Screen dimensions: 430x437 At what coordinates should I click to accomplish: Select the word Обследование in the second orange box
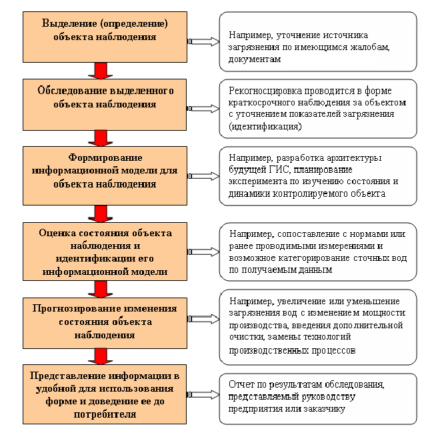71,91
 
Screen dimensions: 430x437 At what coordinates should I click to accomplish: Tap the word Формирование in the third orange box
105,157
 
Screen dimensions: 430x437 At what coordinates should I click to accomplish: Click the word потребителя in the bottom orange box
105,414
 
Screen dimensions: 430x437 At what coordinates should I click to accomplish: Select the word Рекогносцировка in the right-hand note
265,91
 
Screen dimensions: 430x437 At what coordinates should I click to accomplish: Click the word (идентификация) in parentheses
265,126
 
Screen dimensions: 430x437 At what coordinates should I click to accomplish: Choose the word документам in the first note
255,59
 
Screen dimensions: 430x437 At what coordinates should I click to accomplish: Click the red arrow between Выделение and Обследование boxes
101,71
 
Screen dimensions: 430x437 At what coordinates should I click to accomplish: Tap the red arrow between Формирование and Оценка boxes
101,213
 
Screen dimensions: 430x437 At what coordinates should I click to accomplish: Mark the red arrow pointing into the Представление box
101,356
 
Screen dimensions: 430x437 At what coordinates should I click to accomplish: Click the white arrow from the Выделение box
204,41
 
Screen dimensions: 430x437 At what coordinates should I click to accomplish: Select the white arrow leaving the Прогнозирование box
204,319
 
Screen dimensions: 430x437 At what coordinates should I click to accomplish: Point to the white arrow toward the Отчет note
204,394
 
